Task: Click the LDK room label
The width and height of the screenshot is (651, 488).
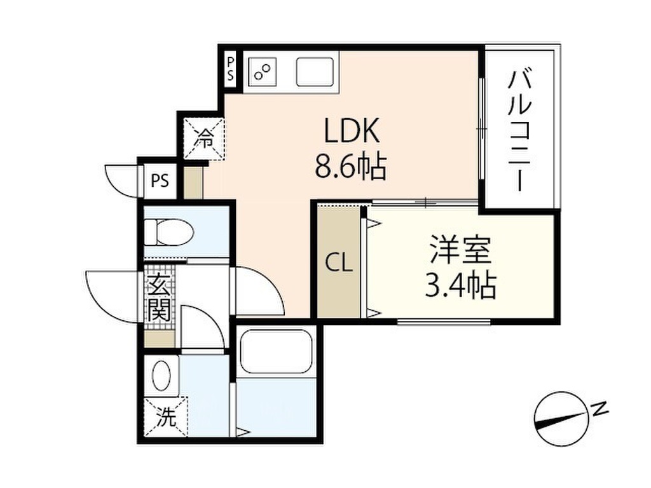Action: click(352, 131)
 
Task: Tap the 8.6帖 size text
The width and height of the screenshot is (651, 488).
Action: click(351, 166)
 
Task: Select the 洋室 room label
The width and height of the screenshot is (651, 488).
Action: click(461, 250)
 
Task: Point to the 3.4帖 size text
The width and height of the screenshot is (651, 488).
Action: click(461, 285)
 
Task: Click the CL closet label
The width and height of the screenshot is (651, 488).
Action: click(339, 263)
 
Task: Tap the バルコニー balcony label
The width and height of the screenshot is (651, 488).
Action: click(520, 131)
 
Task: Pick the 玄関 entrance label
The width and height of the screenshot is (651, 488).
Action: click(160, 297)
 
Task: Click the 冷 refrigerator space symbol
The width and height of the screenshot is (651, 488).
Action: click(204, 138)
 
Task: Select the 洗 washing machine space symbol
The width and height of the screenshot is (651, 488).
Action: click(166, 417)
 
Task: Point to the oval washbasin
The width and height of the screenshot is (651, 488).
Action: click(161, 376)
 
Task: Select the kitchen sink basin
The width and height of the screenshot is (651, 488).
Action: click(315, 72)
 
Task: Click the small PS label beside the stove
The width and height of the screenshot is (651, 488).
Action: click(230, 69)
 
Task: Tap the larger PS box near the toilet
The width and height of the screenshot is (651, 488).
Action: click(160, 181)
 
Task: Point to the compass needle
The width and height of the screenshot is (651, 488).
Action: click(561, 419)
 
